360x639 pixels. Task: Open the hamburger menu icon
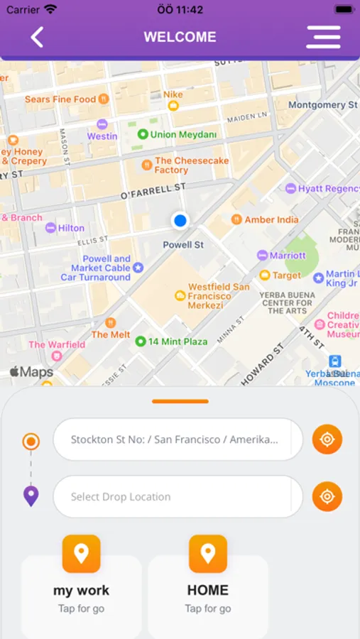click(x=323, y=37)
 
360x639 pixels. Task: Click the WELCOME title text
click(x=180, y=37)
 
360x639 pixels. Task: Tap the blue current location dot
click(x=180, y=221)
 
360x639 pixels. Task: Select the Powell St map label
click(x=183, y=244)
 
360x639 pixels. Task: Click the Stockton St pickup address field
click(x=174, y=439)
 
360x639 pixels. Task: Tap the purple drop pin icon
click(x=31, y=496)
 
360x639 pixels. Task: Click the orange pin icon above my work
click(x=81, y=553)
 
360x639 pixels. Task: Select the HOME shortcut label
click(x=207, y=590)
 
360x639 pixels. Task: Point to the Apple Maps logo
click(x=31, y=372)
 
